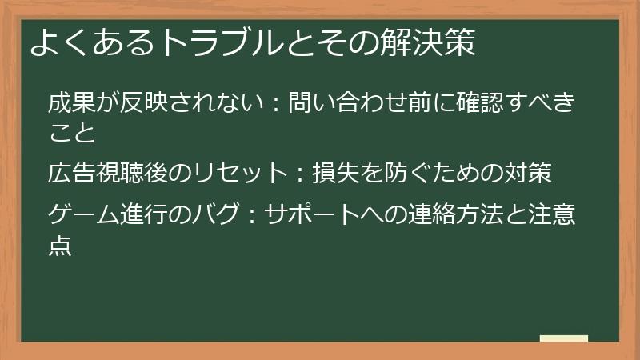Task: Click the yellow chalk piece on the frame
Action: point(564,339)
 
